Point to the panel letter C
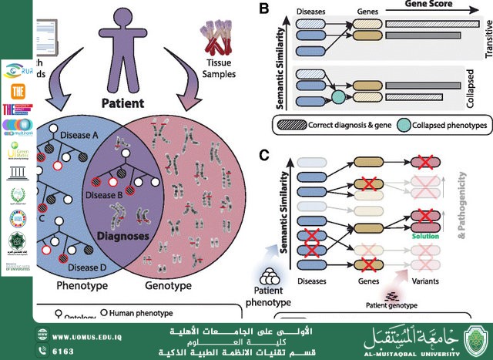click(263, 156)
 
